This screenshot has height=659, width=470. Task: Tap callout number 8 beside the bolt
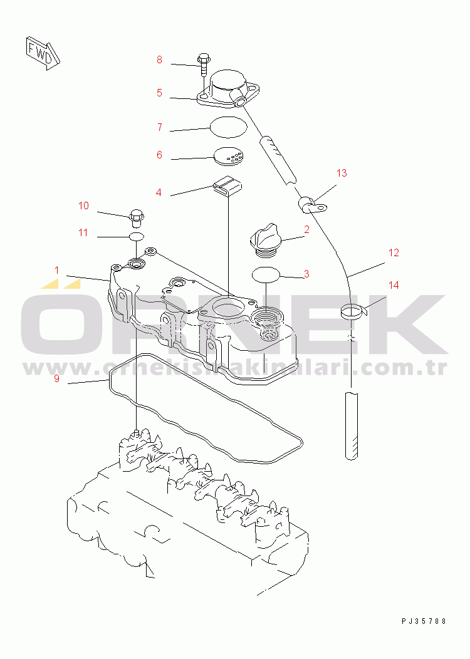coord(159,60)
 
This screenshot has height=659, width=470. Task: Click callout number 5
coord(159,93)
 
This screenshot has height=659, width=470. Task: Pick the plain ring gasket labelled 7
coord(228,127)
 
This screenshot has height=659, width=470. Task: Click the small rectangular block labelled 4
coord(226,185)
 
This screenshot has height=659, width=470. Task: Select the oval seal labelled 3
coord(266,274)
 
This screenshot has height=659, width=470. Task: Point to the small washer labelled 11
coord(137,237)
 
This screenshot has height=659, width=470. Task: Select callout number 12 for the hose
coord(393,253)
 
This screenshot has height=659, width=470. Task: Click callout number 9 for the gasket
coord(56,378)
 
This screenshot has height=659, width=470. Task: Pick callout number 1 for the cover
coord(56,270)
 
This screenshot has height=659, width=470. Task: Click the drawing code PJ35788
coord(424,621)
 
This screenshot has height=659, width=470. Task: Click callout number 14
coord(393,285)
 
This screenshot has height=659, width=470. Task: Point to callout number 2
coord(306,229)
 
